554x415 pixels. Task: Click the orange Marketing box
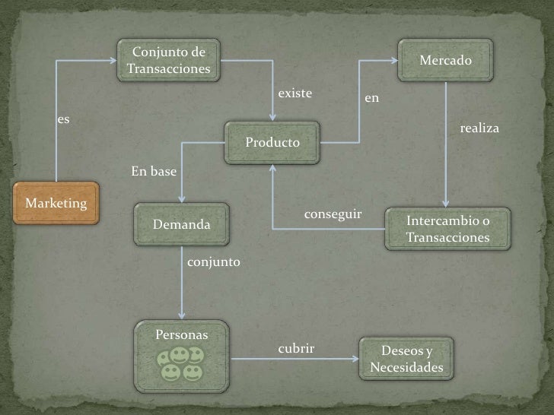[x=56, y=203]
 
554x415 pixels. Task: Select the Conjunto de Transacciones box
[x=168, y=61]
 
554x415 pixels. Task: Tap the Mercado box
[x=445, y=60]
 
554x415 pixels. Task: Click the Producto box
[x=272, y=143]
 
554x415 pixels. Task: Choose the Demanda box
[x=182, y=224]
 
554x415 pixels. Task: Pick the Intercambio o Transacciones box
[x=447, y=229]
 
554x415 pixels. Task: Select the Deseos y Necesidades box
[x=406, y=360]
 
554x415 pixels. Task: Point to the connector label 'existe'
[x=295, y=93]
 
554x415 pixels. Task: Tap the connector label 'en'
[x=371, y=99]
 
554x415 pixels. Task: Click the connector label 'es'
[x=64, y=119]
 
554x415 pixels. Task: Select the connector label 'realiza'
[x=479, y=128]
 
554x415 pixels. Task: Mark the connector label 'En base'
[x=154, y=172]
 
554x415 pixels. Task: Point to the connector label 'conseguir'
[x=333, y=214]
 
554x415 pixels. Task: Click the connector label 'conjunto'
[x=213, y=261]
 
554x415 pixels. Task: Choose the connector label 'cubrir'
[x=296, y=348]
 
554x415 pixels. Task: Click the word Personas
[x=182, y=334]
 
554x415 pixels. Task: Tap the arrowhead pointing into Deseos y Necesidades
[x=355, y=360]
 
